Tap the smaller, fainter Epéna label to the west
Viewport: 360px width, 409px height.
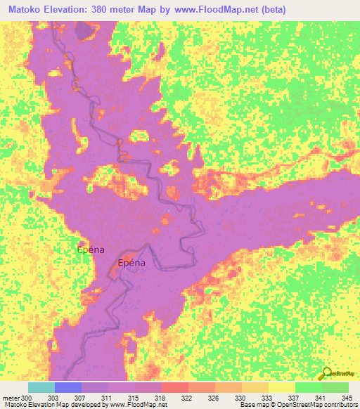(x=91, y=249)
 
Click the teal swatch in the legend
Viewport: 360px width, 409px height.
(x=41, y=388)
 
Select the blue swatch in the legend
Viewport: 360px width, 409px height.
(x=68, y=388)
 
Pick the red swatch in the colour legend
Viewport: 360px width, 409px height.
(x=174, y=388)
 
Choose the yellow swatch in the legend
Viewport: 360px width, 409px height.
(x=281, y=388)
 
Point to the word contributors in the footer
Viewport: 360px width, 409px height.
(x=341, y=405)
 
